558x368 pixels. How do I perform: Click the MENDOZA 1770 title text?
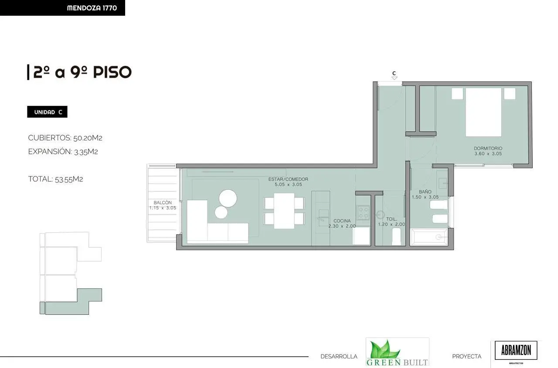(x=92, y=8)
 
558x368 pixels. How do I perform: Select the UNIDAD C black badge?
(x=48, y=112)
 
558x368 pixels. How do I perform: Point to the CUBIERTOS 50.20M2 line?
(x=65, y=138)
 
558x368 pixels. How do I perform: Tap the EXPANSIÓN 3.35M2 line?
(x=63, y=151)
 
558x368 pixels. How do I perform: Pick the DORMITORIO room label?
(x=488, y=148)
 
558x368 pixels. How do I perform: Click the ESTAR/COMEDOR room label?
(x=288, y=179)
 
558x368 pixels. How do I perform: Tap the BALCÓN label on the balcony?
(x=163, y=203)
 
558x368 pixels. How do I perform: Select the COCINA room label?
(x=342, y=221)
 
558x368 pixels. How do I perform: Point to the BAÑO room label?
(x=425, y=191)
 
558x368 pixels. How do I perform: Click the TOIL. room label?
(x=391, y=219)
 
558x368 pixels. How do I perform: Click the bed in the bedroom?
(x=483, y=112)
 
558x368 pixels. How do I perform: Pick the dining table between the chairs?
(x=284, y=211)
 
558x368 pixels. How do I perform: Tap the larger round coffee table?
(x=228, y=198)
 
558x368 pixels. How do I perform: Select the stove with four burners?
(x=364, y=212)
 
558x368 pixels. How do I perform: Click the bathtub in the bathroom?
(x=429, y=237)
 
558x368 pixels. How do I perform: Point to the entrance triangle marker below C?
(x=395, y=78)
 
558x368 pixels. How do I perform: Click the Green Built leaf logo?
(x=397, y=352)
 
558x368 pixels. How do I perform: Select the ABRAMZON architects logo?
(x=516, y=351)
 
